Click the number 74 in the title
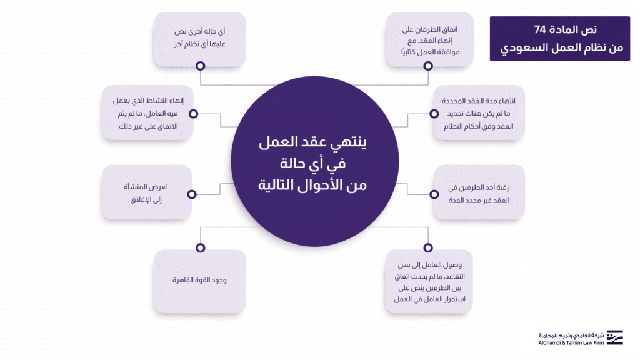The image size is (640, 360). [x=542, y=30]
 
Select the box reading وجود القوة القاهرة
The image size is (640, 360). [x=199, y=281]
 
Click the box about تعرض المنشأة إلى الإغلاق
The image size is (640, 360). [x=146, y=192]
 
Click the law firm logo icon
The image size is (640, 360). [x=615, y=337]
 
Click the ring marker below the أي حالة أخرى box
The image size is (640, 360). [x=200, y=65]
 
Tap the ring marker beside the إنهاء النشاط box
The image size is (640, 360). [x=193, y=114]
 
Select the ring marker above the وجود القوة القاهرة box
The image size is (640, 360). [x=200, y=247]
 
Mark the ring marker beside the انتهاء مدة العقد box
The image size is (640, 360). [x=433, y=114]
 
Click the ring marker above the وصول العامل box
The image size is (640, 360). [x=428, y=247]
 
